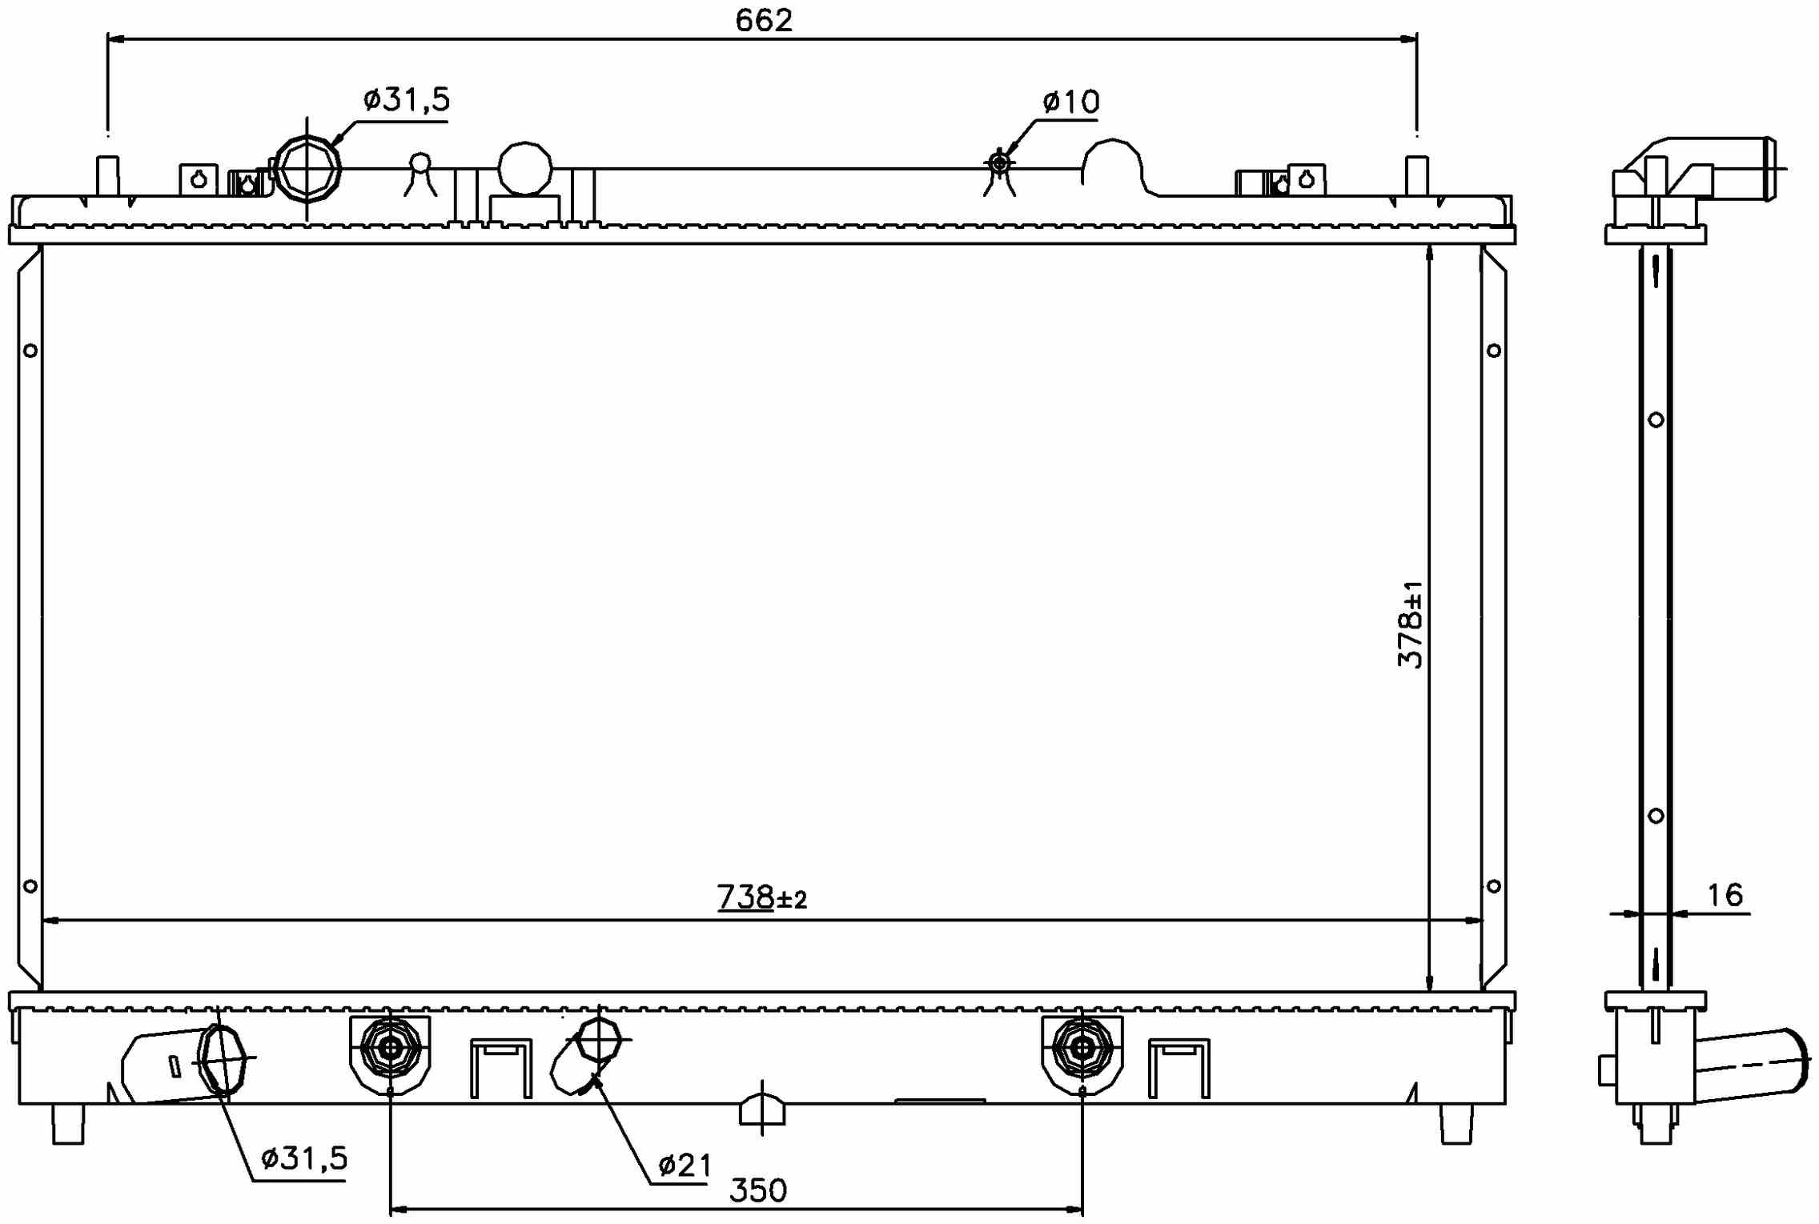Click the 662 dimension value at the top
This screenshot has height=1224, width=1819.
tap(764, 21)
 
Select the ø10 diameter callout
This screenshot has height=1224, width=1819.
tap(1071, 102)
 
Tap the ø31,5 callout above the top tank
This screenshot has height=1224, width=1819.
tap(407, 100)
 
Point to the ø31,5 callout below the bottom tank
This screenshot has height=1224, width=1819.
tap(304, 1158)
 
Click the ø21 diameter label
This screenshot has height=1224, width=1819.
tap(685, 1166)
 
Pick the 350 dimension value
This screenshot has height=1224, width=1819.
tap(758, 1191)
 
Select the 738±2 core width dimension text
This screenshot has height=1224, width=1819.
tap(761, 897)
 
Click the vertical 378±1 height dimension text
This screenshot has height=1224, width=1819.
tap(1411, 624)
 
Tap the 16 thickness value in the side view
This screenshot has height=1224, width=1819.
tap(1725, 895)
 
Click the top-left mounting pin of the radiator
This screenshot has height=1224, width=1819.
tap(107, 176)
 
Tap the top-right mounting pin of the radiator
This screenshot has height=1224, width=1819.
tap(1416, 176)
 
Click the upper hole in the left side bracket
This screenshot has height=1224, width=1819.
tap(30, 351)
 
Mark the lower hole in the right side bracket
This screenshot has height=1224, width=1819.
tap(1493, 886)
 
